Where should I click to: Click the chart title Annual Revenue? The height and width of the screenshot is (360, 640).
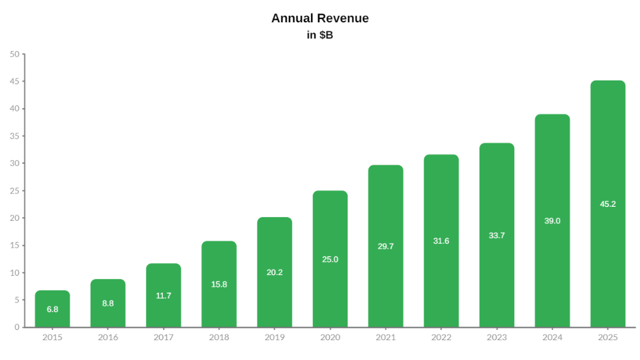pyautogui.click(x=320, y=19)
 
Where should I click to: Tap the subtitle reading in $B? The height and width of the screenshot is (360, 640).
pyautogui.click(x=320, y=35)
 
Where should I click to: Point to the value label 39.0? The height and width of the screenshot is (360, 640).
pyautogui.click(x=552, y=221)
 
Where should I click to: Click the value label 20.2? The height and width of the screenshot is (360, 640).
pyautogui.click(x=275, y=273)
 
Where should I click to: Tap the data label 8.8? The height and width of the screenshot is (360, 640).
pyautogui.click(x=108, y=303)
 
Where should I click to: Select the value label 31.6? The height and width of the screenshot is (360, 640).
pyautogui.click(x=441, y=241)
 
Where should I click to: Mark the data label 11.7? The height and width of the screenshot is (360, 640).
pyautogui.click(x=164, y=296)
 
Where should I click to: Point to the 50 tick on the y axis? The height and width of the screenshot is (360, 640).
pyautogui.click(x=15, y=54)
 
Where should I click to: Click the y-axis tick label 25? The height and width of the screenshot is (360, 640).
pyautogui.click(x=15, y=191)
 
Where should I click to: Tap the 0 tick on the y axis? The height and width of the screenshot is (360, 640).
pyautogui.click(x=17, y=327)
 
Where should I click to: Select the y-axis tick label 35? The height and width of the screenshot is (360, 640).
pyautogui.click(x=15, y=136)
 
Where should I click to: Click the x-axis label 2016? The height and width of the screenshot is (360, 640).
pyautogui.click(x=108, y=338)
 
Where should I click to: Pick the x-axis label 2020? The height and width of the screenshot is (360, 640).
pyautogui.click(x=330, y=338)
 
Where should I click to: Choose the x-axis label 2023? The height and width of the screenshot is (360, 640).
pyautogui.click(x=497, y=338)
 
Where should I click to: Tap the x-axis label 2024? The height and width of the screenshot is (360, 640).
pyautogui.click(x=552, y=338)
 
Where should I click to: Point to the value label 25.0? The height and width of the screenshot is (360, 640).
pyautogui.click(x=330, y=260)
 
